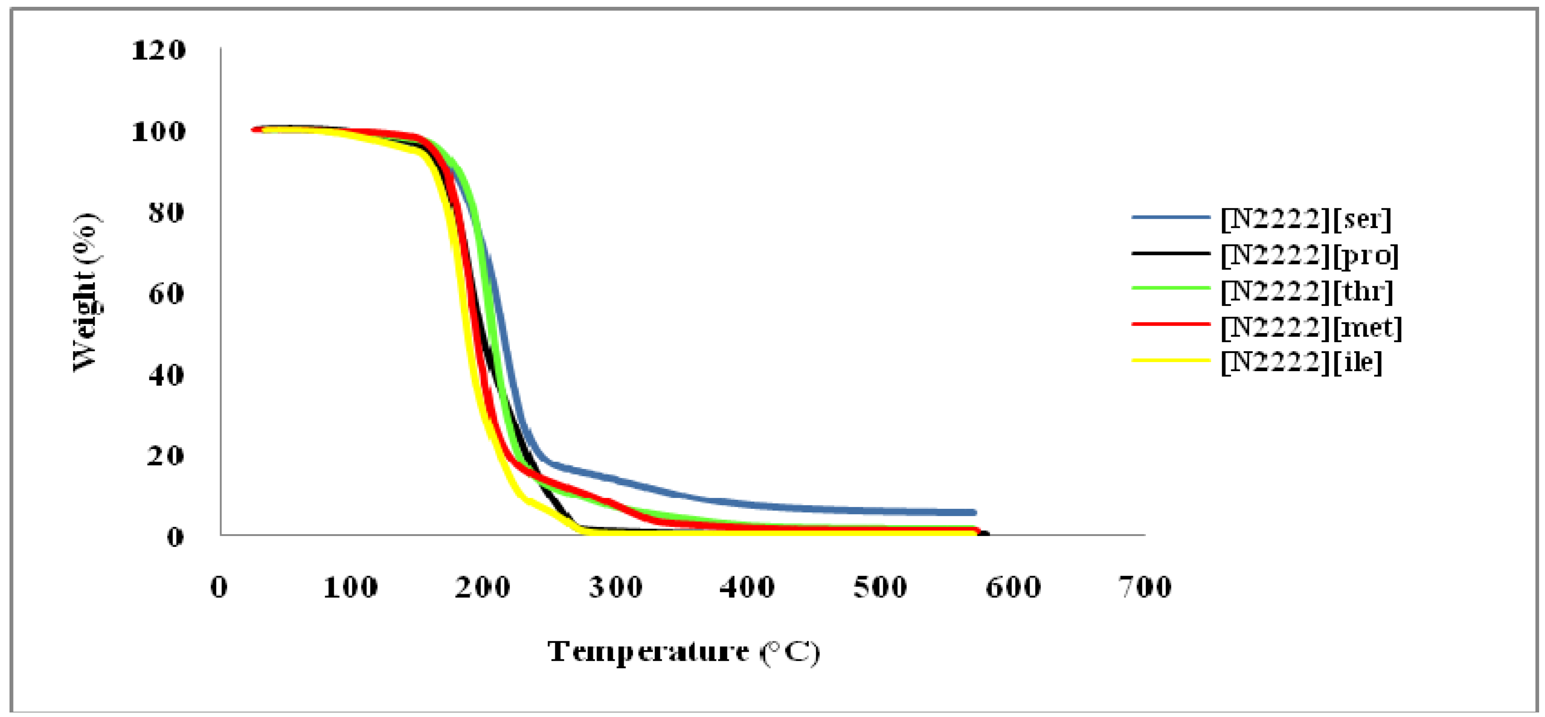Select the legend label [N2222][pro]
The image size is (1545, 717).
(1309, 255)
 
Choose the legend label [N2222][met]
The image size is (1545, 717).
(1311, 327)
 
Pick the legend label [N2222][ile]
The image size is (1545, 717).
(1301, 362)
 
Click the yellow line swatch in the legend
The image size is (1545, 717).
(1171, 360)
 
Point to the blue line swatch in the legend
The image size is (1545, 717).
(1171, 217)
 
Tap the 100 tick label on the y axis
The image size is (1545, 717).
(159, 131)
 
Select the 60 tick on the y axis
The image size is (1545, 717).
(166, 294)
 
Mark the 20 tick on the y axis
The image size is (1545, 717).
(166, 456)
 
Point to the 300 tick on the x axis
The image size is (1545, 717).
(616, 587)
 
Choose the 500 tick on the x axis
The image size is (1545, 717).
(880, 587)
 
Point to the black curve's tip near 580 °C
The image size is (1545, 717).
(986, 534)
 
